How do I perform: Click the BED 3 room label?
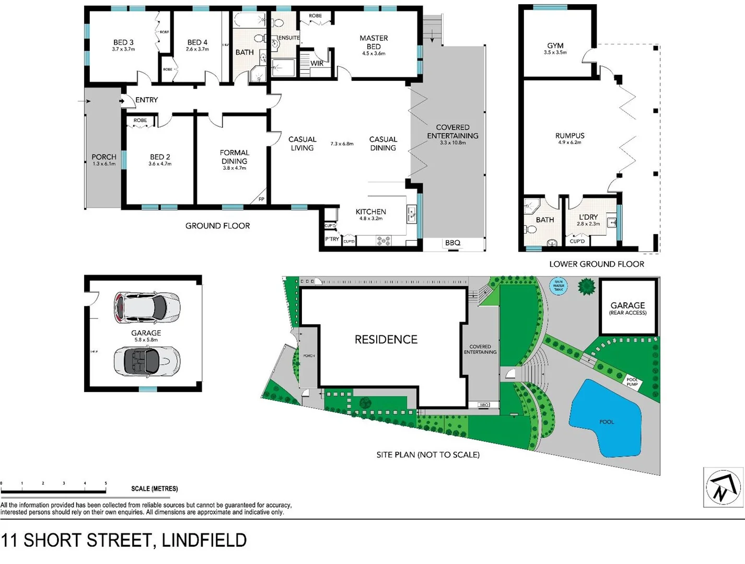tap(123, 43)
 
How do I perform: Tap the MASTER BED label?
tap(374, 42)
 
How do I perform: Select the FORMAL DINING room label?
tap(234, 157)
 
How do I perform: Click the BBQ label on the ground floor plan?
tap(452, 243)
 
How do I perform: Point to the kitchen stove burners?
tap(383, 241)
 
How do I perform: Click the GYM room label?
tap(555, 46)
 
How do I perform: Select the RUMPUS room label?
tap(569, 136)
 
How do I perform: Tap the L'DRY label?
tap(588, 217)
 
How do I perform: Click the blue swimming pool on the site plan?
tap(606, 418)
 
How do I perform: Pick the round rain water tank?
tap(558, 286)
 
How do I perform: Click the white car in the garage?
tap(147, 308)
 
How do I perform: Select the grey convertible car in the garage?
tap(147, 361)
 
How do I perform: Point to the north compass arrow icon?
tap(723, 487)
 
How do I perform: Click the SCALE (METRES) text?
tap(154, 489)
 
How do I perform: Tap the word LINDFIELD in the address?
tap(204, 540)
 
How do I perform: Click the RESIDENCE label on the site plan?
tap(386, 339)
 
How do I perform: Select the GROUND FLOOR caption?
tap(217, 226)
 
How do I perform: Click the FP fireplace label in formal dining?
tap(261, 199)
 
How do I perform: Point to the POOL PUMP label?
tap(632, 382)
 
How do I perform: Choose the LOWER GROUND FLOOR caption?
tap(596, 264)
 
